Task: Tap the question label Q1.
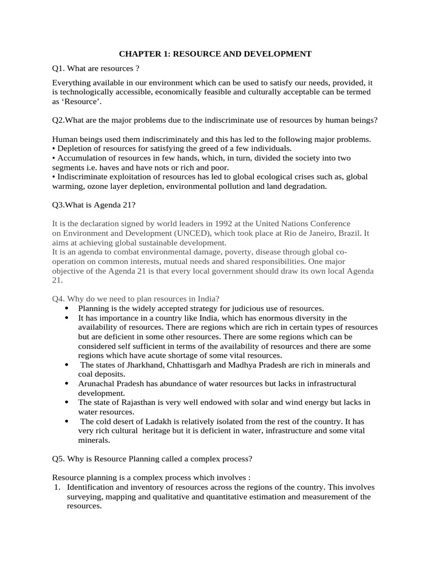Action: click(x=58, y=68)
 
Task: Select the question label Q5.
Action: click(x=58, y=459)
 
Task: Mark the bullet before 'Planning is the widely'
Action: click(x=67, y=308)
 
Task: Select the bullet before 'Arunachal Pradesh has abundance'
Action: click(x=67, y=383)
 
